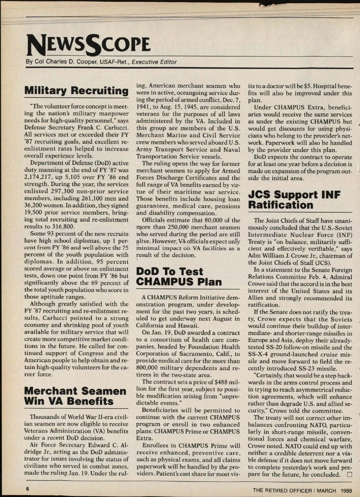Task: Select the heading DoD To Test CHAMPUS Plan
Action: pyautogui.click(x=179, y=276)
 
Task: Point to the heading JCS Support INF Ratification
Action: pyautogui.click(x=294, y=200)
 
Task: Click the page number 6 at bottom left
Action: pyautogui.click(x=27, y=489)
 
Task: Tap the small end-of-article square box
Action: pyautogui.click(x=349, y=475)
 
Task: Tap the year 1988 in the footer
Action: pyautogui.click(x=346, y=491)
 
